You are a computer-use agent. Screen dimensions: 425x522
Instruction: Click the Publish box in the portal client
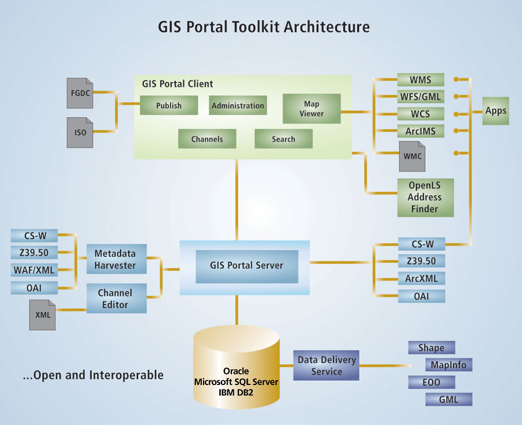click(x=169, y=106)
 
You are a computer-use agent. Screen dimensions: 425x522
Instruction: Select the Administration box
click(x=238, y=106)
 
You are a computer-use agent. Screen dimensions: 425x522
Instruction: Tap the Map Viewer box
click(x=311, y=108)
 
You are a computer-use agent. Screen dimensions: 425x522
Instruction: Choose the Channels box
click(x=207, y=139)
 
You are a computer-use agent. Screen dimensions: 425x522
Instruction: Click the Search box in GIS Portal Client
click(x=283, y=139)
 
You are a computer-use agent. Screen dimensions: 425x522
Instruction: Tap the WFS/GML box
click(x=420, y=97)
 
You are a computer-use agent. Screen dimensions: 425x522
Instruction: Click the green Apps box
click(x=496, y=110)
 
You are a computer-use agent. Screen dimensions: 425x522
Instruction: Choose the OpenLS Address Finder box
click(x=425, y=198)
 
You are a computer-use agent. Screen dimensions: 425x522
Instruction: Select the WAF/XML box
click(x=34, y=270)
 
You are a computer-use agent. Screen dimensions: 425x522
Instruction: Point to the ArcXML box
click(x=422, y=278)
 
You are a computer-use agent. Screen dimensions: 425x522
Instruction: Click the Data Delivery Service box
click(x=327, y=365)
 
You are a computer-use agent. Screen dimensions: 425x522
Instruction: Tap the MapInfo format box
click(x=448, y=365)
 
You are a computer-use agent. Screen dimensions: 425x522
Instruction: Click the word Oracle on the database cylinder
click(x=236, y=371)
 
